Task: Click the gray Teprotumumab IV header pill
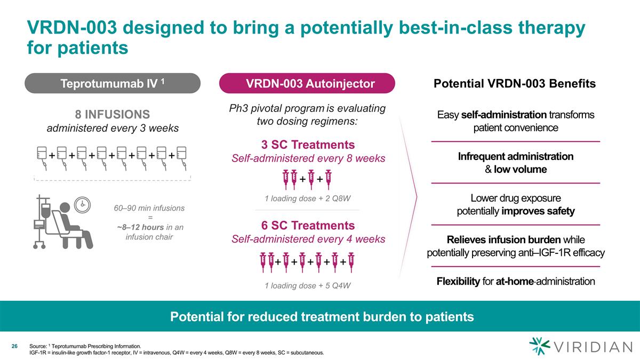(x=113, y=83)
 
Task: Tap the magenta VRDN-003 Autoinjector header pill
(x=307, y=83)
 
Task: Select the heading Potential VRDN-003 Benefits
(x=515, y=83)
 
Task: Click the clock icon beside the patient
(x=82, y=205)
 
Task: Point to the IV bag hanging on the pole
(x=46, y=211)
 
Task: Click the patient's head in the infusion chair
(x=65, y=207)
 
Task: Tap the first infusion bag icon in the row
(x=42, y=158)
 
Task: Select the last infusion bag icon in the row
(x=182, y=158)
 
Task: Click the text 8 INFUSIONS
(x=113, y=114)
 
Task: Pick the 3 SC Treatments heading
(x=308, y=145)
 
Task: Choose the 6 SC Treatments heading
(x=308, y=226)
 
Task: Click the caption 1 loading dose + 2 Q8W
(x=307, y=198)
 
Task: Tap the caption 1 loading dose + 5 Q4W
(x=307, y=285)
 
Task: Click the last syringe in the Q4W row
(x=351, y=262)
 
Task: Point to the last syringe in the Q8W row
(x=329, y=179)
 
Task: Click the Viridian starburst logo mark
(x=539, y=346)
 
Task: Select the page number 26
(x=14, y=346)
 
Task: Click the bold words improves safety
(x=538, y=211)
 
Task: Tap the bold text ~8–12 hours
(x=140, y=227)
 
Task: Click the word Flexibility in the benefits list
(x=458, y=282)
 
